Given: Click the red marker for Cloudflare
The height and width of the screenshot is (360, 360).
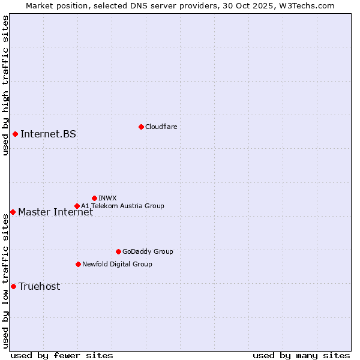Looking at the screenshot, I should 141,127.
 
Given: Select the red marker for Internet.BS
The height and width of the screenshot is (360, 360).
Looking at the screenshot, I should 15,134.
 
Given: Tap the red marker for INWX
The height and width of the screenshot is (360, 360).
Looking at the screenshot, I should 94,198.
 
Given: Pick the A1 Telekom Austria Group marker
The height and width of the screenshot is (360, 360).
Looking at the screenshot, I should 77,206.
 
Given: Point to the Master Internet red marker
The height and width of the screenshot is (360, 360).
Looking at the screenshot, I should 13,212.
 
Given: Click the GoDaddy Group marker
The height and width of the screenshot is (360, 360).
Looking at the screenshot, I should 118,251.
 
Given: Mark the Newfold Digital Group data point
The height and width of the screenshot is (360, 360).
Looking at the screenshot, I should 78,264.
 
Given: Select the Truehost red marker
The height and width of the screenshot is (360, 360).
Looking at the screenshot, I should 13,286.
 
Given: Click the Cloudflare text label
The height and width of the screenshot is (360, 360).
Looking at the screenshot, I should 161,127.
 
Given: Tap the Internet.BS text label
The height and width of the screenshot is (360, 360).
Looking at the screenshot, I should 48,134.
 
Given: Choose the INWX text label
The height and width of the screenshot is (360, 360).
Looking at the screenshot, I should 107,198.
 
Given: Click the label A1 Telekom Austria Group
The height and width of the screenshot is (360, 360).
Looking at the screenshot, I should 122,206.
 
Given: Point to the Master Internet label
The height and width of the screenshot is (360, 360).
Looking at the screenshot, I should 55,212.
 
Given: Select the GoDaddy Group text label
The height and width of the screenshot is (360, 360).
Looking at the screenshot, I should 147,251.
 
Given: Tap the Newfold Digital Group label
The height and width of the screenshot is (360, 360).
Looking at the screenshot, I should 117,264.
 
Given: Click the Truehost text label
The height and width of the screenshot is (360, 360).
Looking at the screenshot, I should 39,286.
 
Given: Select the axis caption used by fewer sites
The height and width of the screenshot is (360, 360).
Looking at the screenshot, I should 62,355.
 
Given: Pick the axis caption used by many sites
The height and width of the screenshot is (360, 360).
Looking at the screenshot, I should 301,355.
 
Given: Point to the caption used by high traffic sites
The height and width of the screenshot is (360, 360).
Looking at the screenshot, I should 5,85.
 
